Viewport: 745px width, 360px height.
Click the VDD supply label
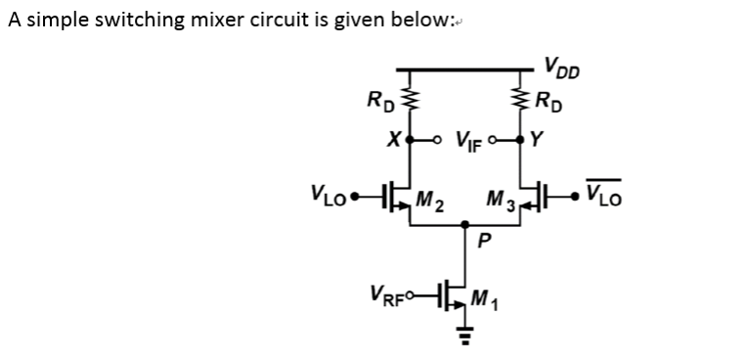(x=564, y=67)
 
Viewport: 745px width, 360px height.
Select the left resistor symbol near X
(x=411, y=100)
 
